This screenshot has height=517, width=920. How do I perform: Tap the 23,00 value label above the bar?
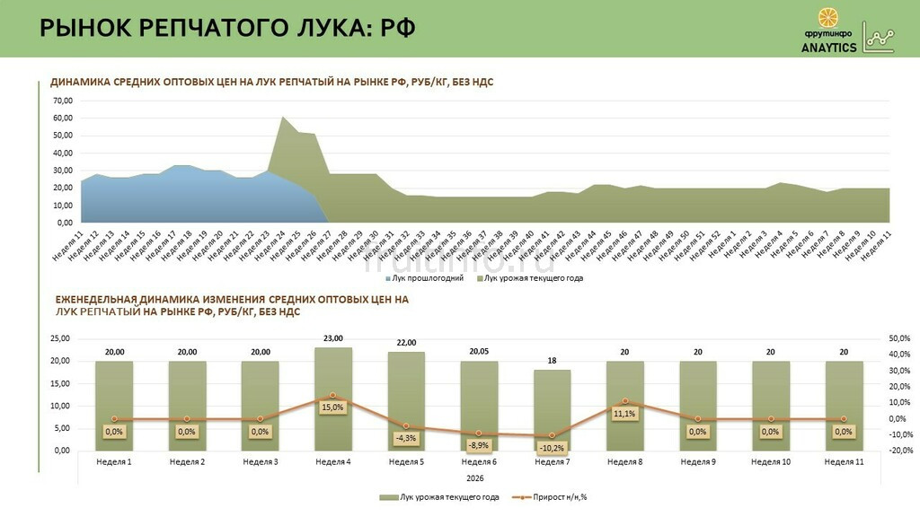pyautogui.click(x=333, y=338)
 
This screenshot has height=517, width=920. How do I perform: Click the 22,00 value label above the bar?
pyautogui.click(x=406, y=343)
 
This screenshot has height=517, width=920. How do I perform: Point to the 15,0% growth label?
pyautogui.click(x=333, y=407)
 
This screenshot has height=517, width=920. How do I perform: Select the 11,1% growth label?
pyautogui.click(x=624, y=414)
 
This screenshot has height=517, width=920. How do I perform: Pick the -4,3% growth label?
pyautogui.click(x=406, y=438)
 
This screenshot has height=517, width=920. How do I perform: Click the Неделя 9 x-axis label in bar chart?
pyautogui.click(x=698, y=462)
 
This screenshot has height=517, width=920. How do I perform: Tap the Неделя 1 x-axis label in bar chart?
pyautogui.click(x=114, y=462)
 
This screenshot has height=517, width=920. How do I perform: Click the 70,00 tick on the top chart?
pyautogui.click(x=63, y=101)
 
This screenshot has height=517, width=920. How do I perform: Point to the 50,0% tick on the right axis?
pyautogui.click(x=899, y=338)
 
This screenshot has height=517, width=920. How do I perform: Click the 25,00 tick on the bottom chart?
pyautogui.click(x=59, y=338)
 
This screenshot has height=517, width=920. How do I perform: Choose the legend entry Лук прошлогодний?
pyautogui.click(x=428, y=278)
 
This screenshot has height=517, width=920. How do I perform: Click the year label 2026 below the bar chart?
pyautogui.click(x=479, y=478)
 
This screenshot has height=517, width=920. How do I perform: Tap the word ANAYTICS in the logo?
pyautogui.click(x=829, y=48)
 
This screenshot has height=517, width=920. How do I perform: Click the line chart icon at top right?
pyautogui.click(x=879, y=37)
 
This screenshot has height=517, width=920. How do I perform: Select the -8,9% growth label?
pyautogui.click(x=479, y=445)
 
